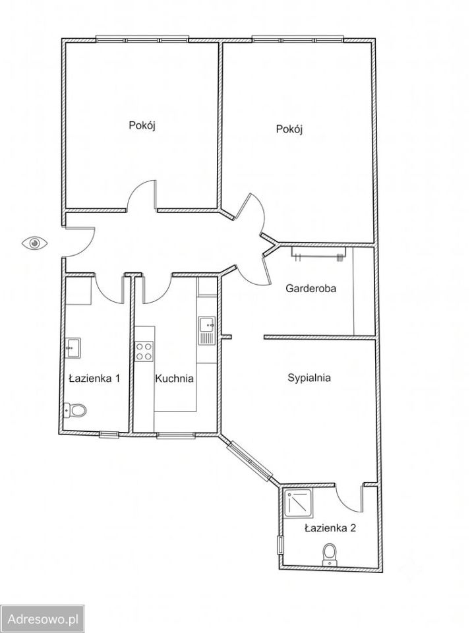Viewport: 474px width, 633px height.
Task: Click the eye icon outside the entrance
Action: (35, 243)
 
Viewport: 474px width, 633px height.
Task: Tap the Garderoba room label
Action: (311, 289)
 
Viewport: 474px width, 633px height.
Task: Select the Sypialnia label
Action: (309, 378)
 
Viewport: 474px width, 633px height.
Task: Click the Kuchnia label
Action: (175, 378)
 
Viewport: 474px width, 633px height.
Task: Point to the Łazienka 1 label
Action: (94, 378)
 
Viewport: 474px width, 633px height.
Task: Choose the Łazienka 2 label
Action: (330, 528)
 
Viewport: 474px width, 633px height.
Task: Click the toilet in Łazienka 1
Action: (76, 410)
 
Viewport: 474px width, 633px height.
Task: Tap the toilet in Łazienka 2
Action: (330, 555)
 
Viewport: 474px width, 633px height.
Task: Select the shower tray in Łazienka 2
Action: (298, 502)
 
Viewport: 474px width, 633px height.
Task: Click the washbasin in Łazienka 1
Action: (73, 347)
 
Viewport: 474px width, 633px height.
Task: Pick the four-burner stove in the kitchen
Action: (144, 351)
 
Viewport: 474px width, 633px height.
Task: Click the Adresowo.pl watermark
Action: (43, 619)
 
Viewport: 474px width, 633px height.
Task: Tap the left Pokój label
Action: (142, 125)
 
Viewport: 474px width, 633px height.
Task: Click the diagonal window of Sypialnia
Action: (250, 461)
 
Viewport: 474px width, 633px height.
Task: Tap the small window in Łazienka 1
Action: (109, 435)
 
